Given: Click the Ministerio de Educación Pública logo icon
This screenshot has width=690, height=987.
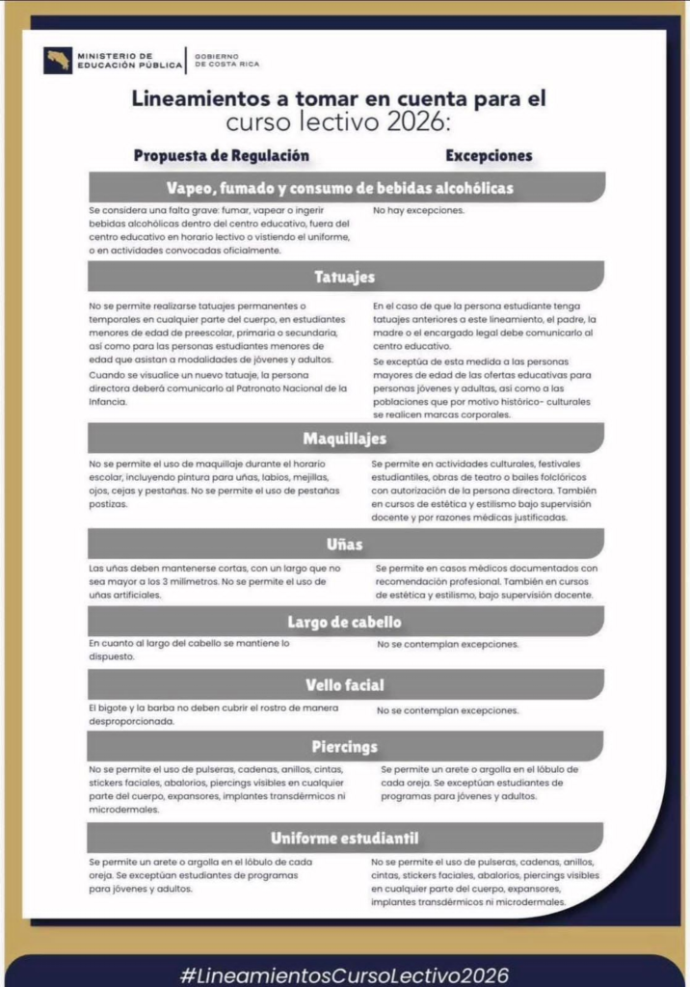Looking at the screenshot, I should coord(58,60).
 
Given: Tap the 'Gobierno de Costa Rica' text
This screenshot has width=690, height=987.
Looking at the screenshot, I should coord(227,61).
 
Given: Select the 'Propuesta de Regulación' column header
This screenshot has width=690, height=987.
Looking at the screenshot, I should coord(222,155).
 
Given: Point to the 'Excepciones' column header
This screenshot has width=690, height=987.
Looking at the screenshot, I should coord(489,155).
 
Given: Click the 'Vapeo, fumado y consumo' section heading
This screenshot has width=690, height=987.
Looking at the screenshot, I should coord(339,187).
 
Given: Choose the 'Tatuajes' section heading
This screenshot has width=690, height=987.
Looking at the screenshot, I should coord(344,278).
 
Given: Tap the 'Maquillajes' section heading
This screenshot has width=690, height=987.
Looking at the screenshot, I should coord(344,439).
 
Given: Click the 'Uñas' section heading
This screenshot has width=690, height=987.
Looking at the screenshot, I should coord(344,545).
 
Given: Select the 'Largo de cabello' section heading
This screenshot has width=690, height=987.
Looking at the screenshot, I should coord(344,622).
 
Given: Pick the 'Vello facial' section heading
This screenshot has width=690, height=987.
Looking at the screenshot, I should coord(344,685).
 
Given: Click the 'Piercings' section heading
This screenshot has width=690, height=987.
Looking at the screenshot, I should coord(344,747).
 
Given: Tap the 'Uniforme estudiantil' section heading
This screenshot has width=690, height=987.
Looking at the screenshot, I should coord(344,838).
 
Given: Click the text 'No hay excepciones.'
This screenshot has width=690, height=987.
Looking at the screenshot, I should coord(418,210).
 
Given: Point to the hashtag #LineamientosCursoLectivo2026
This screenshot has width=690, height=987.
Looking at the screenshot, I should coord(344,974).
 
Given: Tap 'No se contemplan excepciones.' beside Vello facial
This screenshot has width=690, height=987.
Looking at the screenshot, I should coord(447,710).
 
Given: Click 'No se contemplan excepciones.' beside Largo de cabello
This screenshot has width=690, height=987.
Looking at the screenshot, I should coord(447,644).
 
